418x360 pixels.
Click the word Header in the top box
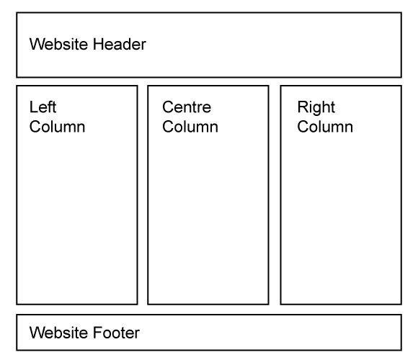point(120,44)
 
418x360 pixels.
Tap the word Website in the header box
point(59,44)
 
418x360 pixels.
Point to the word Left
point(43,107)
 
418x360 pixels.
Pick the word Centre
point(187,107)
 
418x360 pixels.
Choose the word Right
point(316,107)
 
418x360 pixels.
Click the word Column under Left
point(58,127)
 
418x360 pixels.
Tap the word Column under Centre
point(190,127)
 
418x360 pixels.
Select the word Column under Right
point(325,127)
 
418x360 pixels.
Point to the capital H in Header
point(98,44)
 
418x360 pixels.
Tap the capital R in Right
point(303,107)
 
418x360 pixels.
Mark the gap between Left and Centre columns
point(143,195)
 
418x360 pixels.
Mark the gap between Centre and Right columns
point(275,195)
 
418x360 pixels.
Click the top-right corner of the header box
point(401,13)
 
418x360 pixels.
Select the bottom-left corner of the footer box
point(17,350)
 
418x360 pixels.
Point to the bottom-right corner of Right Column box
point(401,304)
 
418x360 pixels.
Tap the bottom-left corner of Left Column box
point(17,304)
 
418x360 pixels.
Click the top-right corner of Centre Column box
point(268,86)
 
